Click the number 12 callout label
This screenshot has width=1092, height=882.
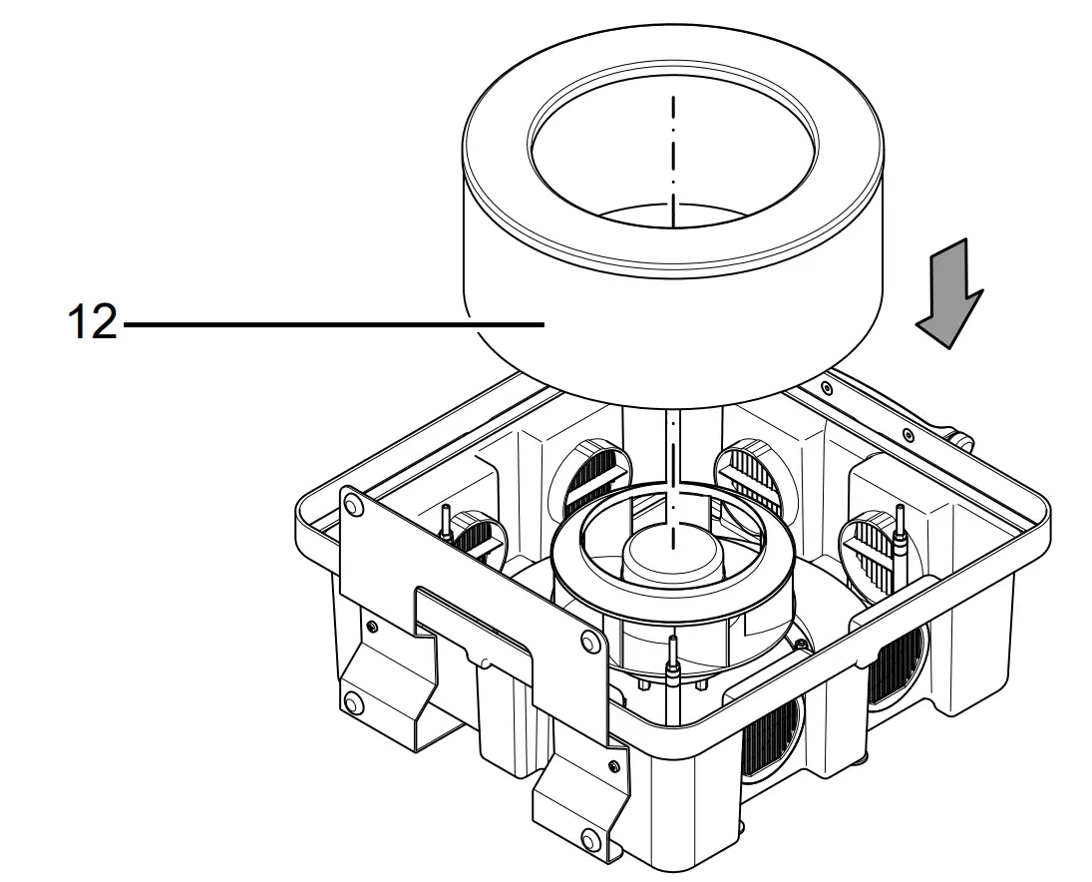[x=91, y=324]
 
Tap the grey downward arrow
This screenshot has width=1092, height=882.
[x=949, y=293]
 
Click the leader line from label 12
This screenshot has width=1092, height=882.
[x=329, y=324]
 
